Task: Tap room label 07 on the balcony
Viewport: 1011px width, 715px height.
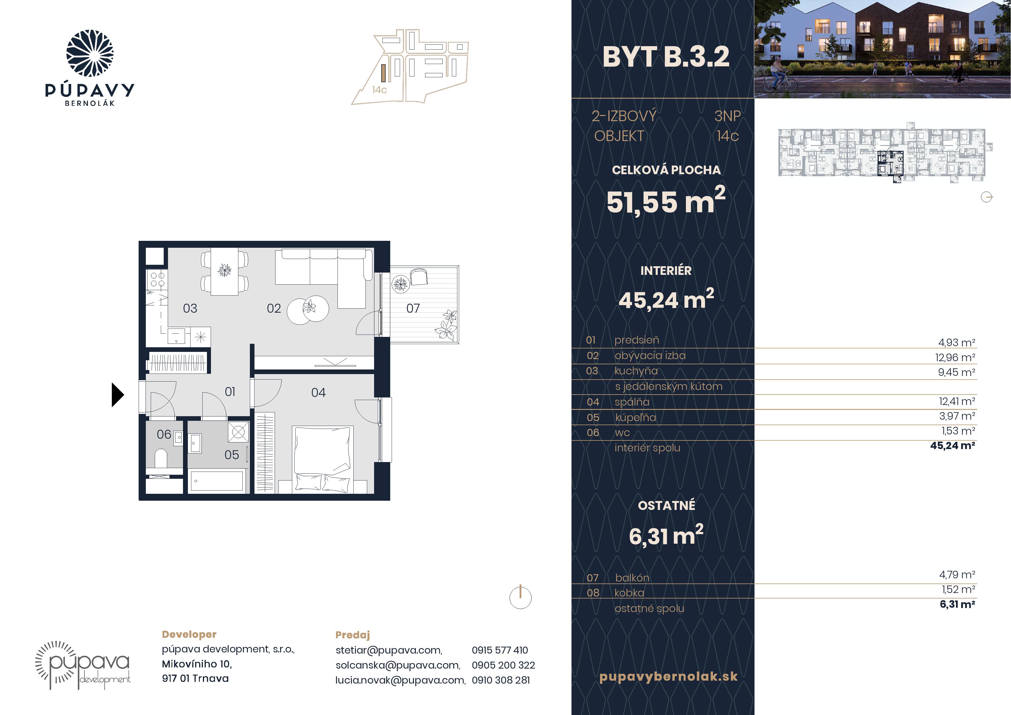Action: click(413, 308)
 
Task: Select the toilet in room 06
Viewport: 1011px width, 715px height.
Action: click(161, 459)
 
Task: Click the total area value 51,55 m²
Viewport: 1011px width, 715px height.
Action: click(666, 200)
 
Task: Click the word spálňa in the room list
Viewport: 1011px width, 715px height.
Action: click(632, 402)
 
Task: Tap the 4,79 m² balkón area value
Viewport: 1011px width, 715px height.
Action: click(957, 575)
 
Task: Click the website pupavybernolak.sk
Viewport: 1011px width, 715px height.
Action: click(668, 677)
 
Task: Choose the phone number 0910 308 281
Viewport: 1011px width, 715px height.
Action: click(501, 680)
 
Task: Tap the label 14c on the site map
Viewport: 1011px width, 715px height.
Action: click(379, 90)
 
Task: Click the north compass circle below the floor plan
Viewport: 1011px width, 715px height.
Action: click(520, 598)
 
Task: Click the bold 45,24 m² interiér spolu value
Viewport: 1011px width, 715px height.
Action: click(952, 445)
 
